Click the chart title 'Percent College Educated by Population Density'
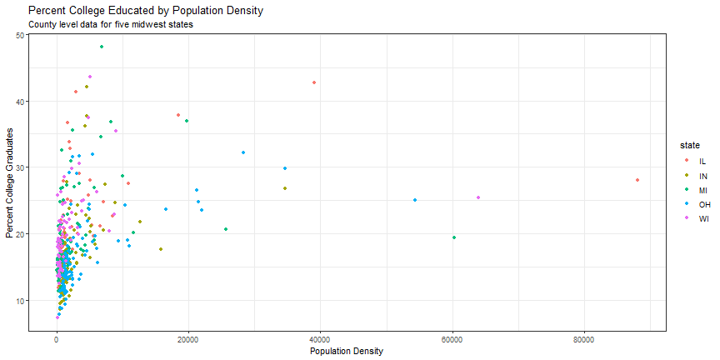[x=145, y=11]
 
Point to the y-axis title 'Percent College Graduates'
[x=10, y=183]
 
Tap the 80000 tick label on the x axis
[x=583, y=340]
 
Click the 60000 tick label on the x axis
[x=452, y=340]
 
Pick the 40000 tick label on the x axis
[x=320, y=340]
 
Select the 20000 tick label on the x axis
[x=188, y=340]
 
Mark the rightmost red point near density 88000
[x=637, y=180]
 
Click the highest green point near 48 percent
[x=102, y=47]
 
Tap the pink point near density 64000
[x=478, y=197]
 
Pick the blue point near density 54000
[x=414, y=200]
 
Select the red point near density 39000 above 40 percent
[x=314, y=82]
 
